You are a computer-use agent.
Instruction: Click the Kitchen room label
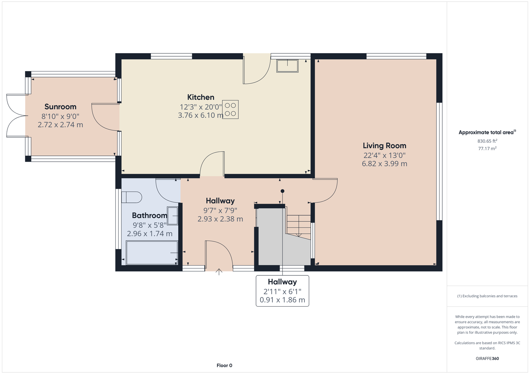(201, 97)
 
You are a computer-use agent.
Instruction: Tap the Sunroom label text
(60, 106)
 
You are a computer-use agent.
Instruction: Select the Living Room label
(385, 145)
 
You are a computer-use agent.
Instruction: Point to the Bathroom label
(149, 216)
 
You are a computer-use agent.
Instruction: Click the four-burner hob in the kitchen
(230, 110)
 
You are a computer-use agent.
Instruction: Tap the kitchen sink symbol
(288, 66)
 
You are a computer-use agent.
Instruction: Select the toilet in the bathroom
(132, 197)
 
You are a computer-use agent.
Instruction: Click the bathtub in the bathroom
(152, 253)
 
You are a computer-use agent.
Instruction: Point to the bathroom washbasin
(173, 216)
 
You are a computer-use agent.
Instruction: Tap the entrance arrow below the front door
(219, 272)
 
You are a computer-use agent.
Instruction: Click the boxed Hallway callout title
(282, 282)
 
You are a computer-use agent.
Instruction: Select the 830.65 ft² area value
(487, 141)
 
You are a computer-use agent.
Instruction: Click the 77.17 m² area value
(487, 148)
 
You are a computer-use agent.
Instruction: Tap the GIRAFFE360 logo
(487, 358)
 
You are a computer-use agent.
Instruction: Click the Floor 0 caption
(224, 365)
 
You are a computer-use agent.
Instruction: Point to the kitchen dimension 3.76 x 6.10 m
(201, 115)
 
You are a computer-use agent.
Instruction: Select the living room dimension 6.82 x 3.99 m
(385, 164)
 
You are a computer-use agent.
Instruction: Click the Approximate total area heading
(487, 132)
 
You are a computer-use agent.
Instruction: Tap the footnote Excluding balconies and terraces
(487, 296)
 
